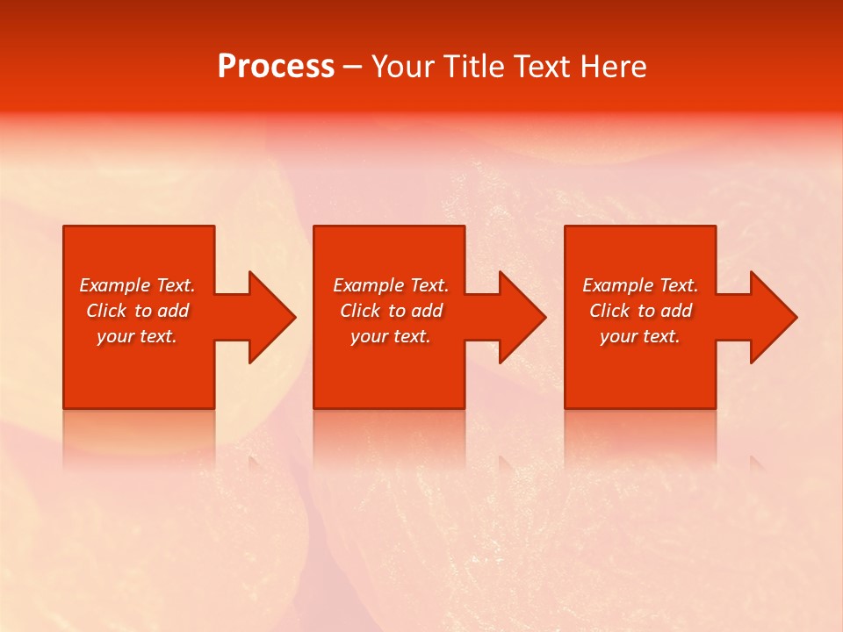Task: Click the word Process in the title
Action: coord(276,67)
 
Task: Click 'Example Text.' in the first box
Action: coord(137,285)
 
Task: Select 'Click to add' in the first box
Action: coord(137,311)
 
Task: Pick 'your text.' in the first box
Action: coord(137,336)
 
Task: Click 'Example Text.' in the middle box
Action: coord(391,285)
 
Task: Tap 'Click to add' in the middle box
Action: coord(391,311)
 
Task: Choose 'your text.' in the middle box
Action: coord(391,336)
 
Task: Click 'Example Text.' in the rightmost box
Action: coord(640,285)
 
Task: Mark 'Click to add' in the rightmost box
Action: coord(640,311)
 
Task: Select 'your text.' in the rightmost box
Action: coord(640,336)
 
